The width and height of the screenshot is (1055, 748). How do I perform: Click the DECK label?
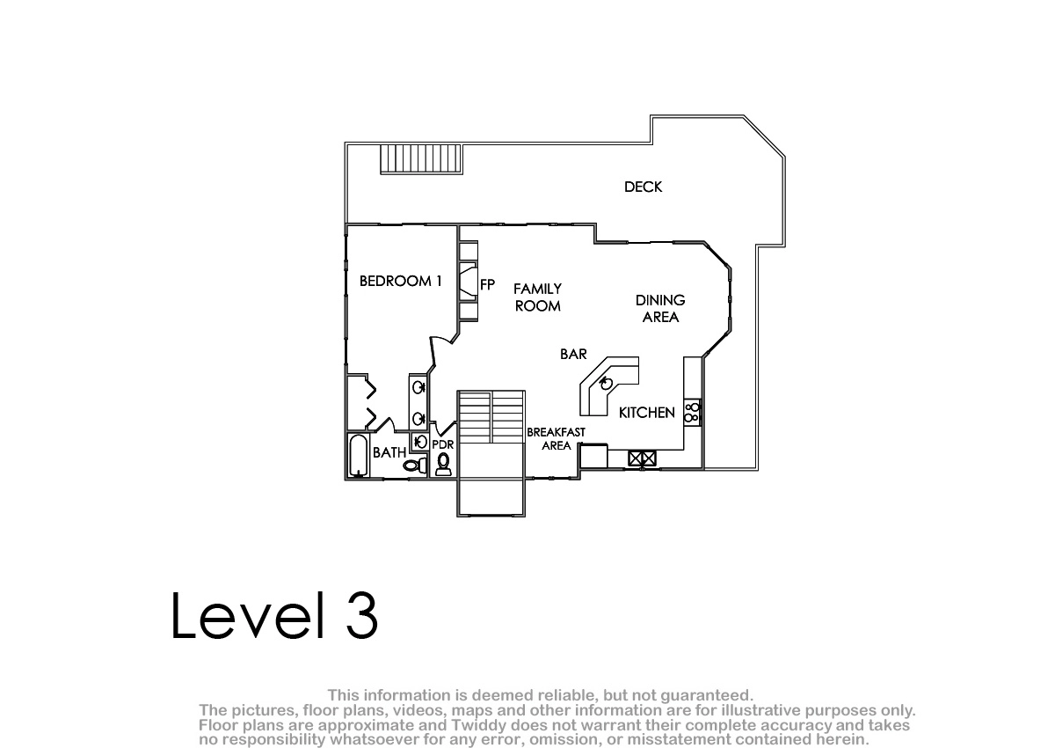coord(643,187)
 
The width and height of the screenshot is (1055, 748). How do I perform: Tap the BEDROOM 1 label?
coord(400,282)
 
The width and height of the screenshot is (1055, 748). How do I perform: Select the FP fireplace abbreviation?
coord(487,285)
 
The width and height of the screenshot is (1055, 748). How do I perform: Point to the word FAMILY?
coord(537,289)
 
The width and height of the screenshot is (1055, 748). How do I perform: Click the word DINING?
coord(660,300)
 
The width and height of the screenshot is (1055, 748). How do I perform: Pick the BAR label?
coord(573,354)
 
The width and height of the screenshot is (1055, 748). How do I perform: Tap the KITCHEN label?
coord(647,413)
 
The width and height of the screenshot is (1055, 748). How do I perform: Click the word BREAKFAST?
coord(556,432)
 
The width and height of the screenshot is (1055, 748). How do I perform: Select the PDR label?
coord(443,444)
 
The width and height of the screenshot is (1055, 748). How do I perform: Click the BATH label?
coord(389,452)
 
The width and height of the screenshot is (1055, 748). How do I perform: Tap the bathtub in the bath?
coord(359,455)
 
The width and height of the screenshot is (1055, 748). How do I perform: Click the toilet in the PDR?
coord(443,465)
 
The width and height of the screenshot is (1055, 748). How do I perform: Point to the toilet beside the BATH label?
coord(415,466)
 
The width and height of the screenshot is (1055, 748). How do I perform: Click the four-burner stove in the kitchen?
coord(693,413)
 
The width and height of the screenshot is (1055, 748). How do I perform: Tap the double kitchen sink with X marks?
coord(642,458)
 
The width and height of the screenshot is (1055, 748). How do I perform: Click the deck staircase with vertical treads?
coord(421,159)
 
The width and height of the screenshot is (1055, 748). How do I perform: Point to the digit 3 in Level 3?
coord(362,615)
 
